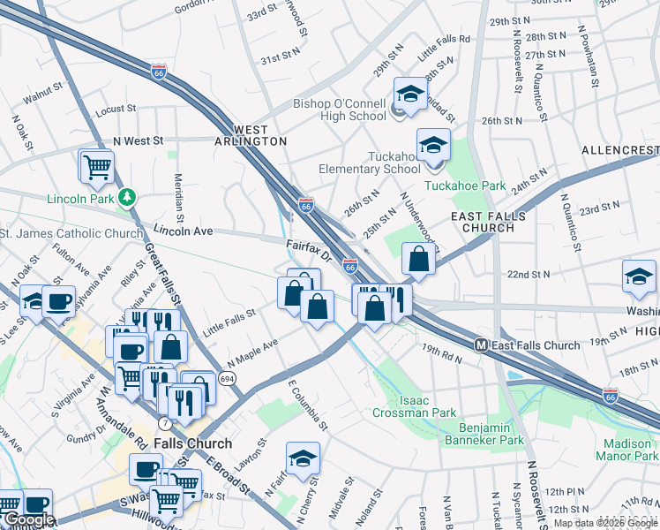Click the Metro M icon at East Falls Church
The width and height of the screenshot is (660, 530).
(x=482, y=344)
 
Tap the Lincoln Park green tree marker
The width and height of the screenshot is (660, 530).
(x=128, y=196)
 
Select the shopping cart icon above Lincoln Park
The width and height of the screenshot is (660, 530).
(x=98, y=165)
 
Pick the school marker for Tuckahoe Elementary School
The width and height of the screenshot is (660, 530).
(x=432, y=144)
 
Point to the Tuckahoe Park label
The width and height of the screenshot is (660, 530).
(x=465, y=185)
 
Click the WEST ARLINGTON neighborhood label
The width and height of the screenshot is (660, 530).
(x=249, y=134)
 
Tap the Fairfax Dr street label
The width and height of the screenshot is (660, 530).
(x=307, y=250)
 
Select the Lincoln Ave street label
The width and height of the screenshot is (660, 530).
(x=184, y=231)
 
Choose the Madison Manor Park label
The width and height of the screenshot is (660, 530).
(x=630, y=450)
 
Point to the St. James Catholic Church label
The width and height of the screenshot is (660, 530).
(x=71, y=233)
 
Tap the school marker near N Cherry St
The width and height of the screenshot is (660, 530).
(x=302, y=458)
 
